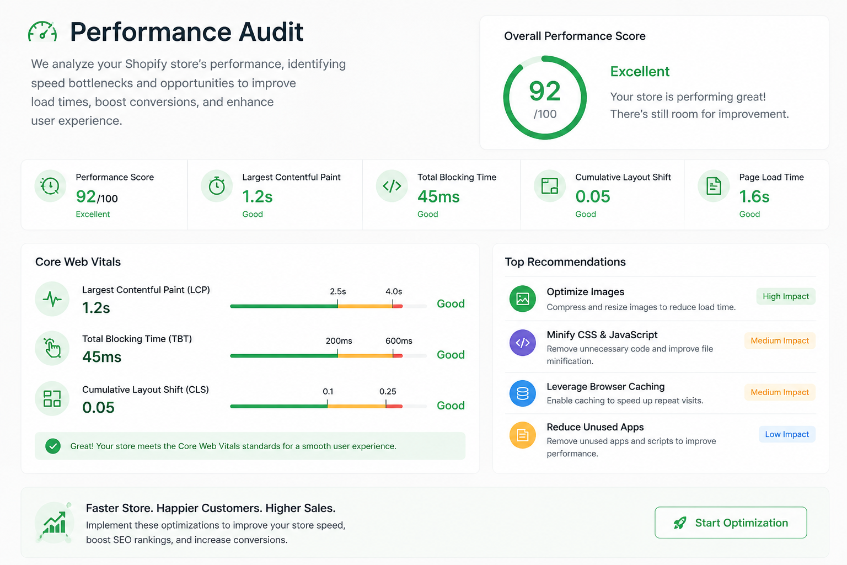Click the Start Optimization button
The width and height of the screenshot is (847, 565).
click(x=731, y=522)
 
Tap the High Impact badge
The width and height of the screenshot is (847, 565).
click(x=786, y=296)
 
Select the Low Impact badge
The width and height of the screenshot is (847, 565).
click(x=787, y=434)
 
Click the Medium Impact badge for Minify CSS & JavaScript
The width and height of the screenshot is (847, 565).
click(x=780, y=340)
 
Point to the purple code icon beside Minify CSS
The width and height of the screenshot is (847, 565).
click(x=523, y=343)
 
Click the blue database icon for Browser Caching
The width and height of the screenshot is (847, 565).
click(x=523, y=393)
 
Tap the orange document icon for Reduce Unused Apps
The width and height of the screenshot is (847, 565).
click(x=523, y=435)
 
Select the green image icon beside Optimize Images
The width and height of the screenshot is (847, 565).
click(x=523, y=299)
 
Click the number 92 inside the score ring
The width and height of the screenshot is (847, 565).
click(x=544, y=91)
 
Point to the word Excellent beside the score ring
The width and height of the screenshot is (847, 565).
click(x=640, y=72)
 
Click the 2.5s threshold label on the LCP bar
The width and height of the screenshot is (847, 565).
click(x=337, y=291)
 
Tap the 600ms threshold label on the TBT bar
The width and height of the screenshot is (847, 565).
click(x=399, y=340)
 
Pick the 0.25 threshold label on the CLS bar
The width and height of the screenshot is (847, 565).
click(x=388, y=391)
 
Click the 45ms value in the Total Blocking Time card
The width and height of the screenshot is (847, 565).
click(x=438, y=197)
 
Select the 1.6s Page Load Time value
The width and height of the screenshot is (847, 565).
click(x=754, y=197)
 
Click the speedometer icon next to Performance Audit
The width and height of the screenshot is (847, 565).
click(x=42, y=31)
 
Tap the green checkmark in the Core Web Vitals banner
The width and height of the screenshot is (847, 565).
click(x=53, y=446)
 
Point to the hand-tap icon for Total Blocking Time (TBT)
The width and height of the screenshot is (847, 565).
click(x=52, y=348)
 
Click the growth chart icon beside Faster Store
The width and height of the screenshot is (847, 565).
click(x=55, y=522)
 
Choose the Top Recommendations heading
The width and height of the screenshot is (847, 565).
click(x=565, y=262)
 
